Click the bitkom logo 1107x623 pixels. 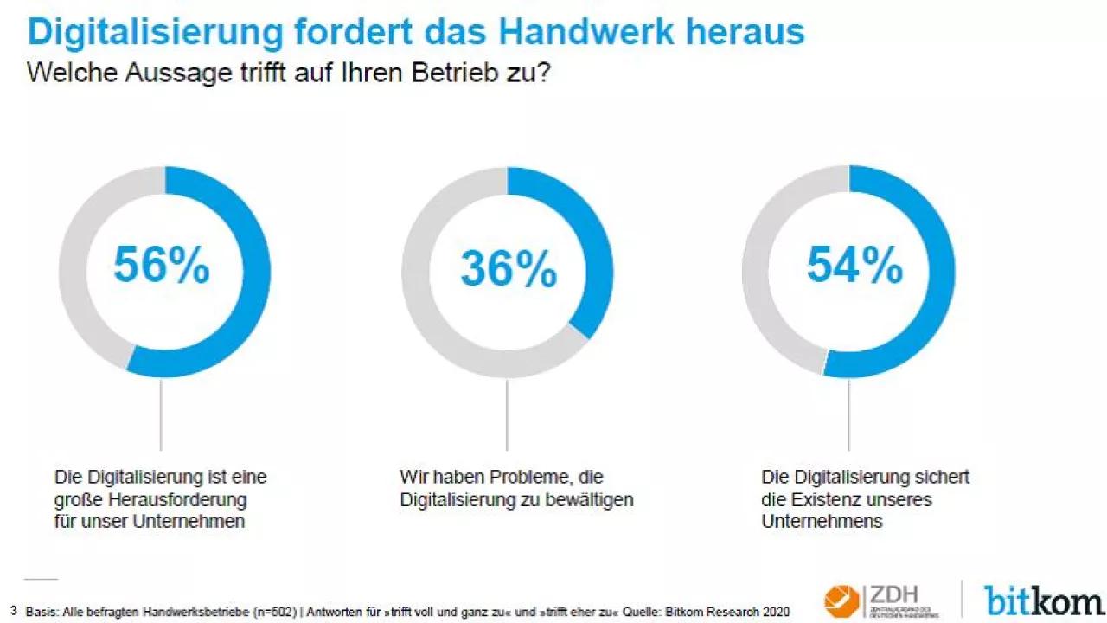pos(1043,599)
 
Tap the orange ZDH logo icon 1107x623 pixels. pos(840,601)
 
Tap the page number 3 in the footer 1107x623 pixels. pos(13,611)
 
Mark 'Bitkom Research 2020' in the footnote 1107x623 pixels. pos(734,612)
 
